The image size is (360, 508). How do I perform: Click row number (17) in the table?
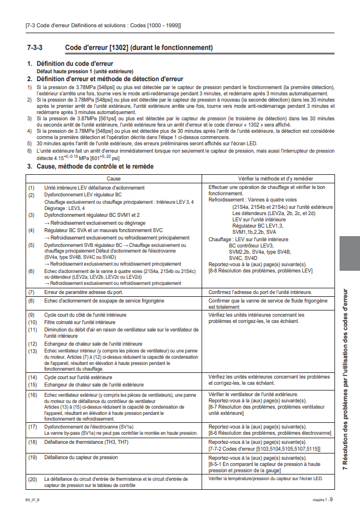pyautogui.click(x=32, y=426)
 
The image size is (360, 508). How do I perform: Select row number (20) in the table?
pyautogui.click(x=32, y=480)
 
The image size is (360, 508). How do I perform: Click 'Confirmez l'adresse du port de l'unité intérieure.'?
pyautogui.click(x=259, y=292)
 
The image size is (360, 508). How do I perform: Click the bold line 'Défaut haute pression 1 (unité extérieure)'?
pyautogui.click(x=85, y=72)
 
